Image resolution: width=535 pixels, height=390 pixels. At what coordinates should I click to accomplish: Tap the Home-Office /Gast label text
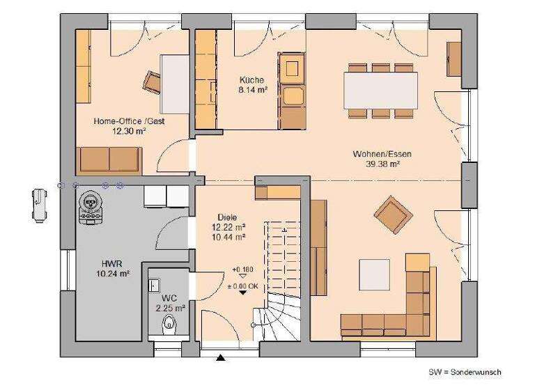click(129, 120)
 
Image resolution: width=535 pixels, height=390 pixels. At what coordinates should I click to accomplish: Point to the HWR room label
click(113, 264)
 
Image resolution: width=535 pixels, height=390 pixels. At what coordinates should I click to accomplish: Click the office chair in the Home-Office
click(152, 81)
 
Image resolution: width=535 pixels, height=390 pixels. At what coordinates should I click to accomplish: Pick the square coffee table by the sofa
click(375, 272)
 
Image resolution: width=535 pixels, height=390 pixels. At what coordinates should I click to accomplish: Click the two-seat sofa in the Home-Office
click(109, 159)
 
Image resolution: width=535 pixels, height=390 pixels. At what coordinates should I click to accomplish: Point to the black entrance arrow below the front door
click(221, 358)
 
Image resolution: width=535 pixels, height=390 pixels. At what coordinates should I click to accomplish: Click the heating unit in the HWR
click(90, 207)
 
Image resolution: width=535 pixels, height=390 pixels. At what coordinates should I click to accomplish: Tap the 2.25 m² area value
click(170, 307)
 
